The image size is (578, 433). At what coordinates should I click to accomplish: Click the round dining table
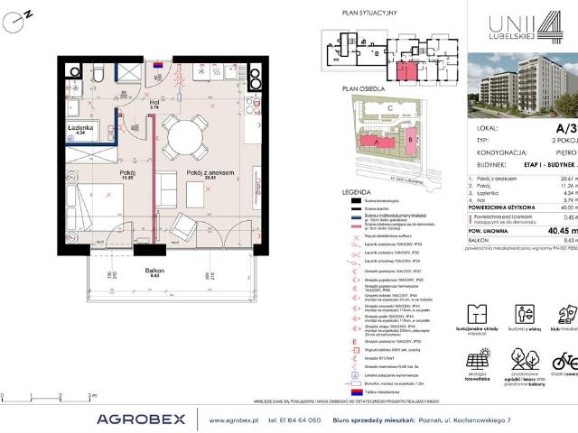click(191, 136)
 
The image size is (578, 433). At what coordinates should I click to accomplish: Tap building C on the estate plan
click(388, 108)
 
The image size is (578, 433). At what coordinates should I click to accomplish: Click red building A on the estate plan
click(370, 143)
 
